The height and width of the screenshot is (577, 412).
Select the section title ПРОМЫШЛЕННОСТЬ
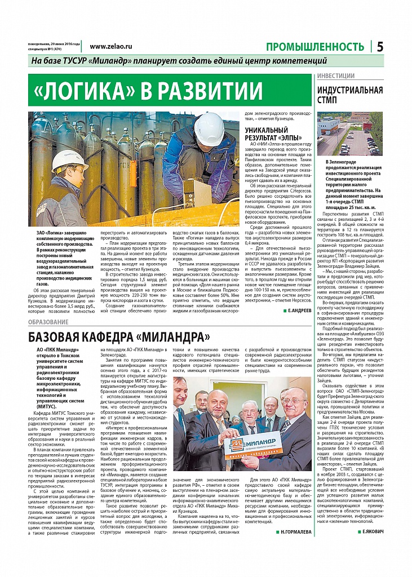pyautogui.click(x=314, y=47)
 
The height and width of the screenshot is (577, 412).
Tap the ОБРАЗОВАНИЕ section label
pyautogui.click(x=48, y=322)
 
